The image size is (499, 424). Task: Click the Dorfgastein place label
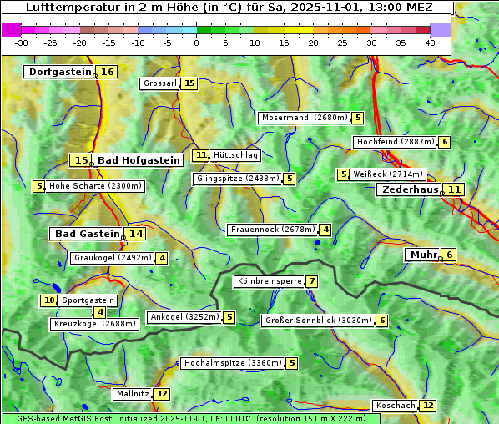[59, 72]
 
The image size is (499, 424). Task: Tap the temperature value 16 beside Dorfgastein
[108, 72]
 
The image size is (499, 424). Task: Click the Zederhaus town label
[409, 189]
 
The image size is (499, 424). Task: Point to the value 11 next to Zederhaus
[453, 189]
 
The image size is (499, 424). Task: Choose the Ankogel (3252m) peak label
[184, 317]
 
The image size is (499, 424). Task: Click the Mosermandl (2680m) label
[305, 118]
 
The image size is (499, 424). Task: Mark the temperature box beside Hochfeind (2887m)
[445, 142]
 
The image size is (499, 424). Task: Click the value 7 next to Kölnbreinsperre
[311, 281]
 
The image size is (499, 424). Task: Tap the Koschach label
[395, 406]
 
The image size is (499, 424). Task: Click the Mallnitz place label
[132, 393]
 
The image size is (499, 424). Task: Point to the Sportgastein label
[88, 300]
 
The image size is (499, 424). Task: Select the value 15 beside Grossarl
[189, 83]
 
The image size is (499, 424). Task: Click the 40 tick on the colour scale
[430, 43]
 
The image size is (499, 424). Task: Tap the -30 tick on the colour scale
[22, 43]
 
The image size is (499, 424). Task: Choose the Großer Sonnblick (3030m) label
[318, 321]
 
